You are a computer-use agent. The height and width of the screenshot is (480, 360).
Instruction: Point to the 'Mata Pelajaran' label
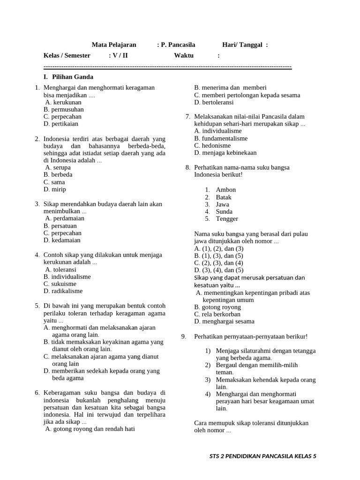pyautogui.click(x=114, y=45)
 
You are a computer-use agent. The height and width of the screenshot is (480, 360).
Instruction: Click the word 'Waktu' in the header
pyautogui.click(x=184, y=55)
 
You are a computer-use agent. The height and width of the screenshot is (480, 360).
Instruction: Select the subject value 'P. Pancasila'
pyautogui.click(x=178, y=45)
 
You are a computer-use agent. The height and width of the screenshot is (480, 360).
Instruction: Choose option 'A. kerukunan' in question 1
pyautogui.click(x=63, y=102)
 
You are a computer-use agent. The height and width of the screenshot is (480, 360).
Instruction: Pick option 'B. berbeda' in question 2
pyautogui.click(x=58, y=175)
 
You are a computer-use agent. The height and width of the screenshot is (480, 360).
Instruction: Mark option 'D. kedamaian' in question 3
pyautogui.click(x=62, y=240)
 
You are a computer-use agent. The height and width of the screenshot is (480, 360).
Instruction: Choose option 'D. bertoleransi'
pyautogui.click(x=214, y=102)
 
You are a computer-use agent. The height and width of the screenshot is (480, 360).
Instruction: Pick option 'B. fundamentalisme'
pyautogui.click(x=221, y=139)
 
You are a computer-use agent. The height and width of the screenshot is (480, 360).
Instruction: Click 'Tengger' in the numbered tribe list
pyautogui.click(x=227, y=219)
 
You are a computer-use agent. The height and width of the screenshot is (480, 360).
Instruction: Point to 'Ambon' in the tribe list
pyautogui.click(x=225, y=190)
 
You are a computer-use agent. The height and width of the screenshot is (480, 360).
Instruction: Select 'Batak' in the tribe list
pyautogui.click(x=224, y=197)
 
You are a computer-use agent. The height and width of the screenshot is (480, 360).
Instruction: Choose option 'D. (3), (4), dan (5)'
pyautogui.click(x=219, y=270)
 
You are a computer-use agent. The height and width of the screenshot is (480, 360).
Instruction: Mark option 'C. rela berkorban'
pyautogui.click(x=217, y=314)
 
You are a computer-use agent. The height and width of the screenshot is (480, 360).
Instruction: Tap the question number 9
pyautogui.click(x=184, y=337)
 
